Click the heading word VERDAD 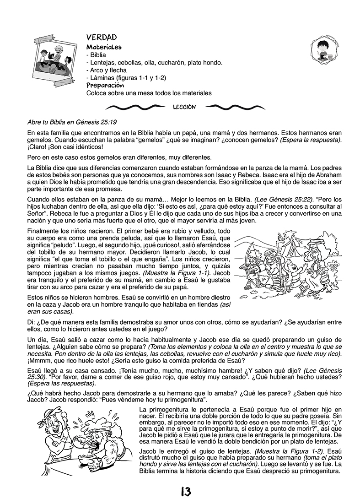click(x=102, y=37)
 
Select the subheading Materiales click(x=104, y=47)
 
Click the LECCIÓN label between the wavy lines click(x=185, y=107)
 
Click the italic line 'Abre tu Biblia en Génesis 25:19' click(x=72, y=122)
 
